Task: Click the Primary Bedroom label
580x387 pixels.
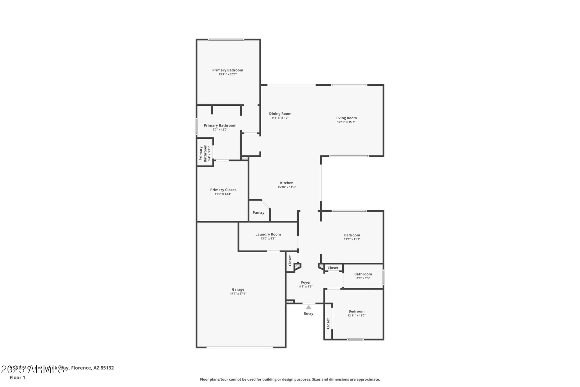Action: [x=228, y=70]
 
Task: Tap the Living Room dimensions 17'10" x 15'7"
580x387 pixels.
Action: [x=346, y=122]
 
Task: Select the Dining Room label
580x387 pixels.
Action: [x=280, y=114]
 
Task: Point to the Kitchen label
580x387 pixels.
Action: [x=287, y=183]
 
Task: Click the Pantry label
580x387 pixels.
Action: [x=258, y=213]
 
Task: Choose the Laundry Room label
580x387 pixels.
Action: [x=268, y=234]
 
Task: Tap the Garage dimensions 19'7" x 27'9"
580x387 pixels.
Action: [x=238, y=294]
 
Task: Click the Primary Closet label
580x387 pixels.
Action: [x=223, y=190]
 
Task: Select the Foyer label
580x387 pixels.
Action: [x=306, y=282]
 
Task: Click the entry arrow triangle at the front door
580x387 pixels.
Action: [x=309, y=307]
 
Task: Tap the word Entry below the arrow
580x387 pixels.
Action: [x=309, y=314]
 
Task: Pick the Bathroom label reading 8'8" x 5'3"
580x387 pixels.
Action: [x=363, y=274]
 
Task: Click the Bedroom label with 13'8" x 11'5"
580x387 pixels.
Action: [x=352, y=235]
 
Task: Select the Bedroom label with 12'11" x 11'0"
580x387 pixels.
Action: [x=356, y=311]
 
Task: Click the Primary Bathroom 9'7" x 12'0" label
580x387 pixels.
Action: [x=220, y=125]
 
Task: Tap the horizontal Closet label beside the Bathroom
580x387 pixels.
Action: [x=333, y=268]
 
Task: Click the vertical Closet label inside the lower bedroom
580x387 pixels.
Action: [x=328, y=323]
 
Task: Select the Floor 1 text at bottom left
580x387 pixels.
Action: [x=17, y=377]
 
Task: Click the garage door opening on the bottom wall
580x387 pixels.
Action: [x=240, y=347]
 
